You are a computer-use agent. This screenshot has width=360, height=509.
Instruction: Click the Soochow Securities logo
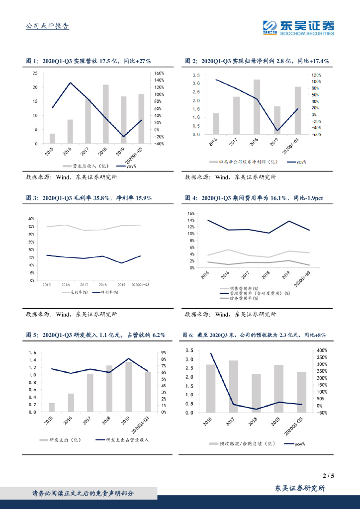(x=298, y=27)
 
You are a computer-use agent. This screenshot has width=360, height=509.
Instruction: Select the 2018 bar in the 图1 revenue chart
(x=106, y=114)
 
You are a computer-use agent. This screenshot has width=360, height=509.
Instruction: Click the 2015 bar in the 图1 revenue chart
(x=52, y=138)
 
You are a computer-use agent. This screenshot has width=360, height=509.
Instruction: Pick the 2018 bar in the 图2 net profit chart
(x=257, y=106)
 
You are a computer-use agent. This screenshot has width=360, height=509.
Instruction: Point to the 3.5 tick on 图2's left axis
(x=196, y=75)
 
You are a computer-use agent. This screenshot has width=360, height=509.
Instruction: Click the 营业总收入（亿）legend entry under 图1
(x=83, y=166)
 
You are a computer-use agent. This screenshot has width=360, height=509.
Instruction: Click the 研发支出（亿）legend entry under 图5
(x=62, y=440)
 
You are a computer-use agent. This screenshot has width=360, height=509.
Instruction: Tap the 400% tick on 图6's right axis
(x=323, y=350)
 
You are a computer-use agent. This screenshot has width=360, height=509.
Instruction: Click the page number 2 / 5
(x=328, y=476)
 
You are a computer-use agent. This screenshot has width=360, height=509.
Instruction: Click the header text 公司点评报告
(x=47, y=26)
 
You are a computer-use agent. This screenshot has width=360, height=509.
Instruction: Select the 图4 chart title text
(x=254, y=198)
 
